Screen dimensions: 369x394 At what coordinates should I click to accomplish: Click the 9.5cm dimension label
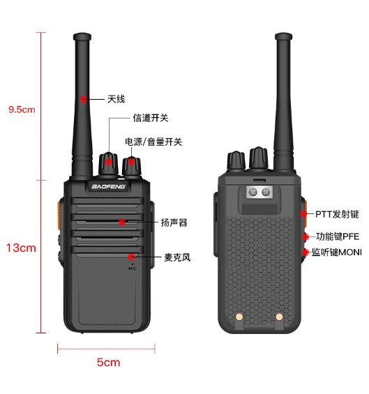22,109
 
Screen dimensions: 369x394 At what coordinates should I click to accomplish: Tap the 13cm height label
21,248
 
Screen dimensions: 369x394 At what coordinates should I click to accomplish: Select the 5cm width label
109,363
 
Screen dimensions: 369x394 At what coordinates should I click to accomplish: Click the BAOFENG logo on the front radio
108,186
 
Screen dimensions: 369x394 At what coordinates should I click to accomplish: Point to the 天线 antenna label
116,99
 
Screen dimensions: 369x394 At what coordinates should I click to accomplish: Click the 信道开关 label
151,118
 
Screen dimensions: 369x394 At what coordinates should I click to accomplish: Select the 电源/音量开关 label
153,142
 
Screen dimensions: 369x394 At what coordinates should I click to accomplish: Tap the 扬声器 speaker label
174,222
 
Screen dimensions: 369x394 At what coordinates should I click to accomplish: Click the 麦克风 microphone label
177,257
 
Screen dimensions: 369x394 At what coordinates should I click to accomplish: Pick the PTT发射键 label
337,214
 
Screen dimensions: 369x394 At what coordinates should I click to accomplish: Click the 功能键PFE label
338,236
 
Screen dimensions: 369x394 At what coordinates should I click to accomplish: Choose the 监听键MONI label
337,252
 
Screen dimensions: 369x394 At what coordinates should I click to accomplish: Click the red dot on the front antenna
83,99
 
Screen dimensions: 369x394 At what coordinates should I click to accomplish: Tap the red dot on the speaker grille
122,222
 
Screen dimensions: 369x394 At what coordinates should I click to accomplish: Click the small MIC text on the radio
133,268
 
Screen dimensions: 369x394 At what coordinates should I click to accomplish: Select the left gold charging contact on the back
239,317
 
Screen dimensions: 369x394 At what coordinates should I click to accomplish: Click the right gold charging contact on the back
279,317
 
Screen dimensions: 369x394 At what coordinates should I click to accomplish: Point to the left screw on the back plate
253,192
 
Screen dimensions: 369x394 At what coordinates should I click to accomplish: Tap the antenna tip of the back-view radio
283,36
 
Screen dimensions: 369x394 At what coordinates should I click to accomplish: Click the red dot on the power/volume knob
131,161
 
